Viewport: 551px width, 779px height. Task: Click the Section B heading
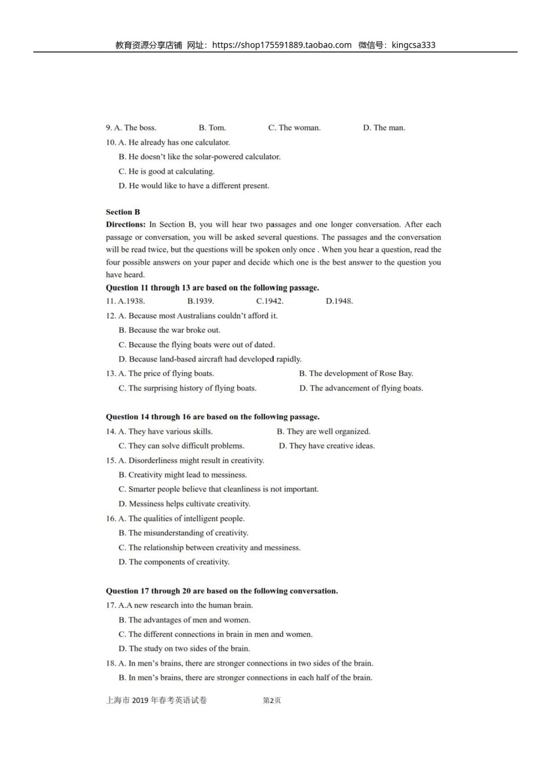click(x=123, y=212)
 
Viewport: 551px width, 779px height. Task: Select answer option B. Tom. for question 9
click(x=212, y=128)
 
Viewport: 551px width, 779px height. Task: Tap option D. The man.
click(x=384, y=128)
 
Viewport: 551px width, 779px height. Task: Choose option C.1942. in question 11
click(x=270, y=301)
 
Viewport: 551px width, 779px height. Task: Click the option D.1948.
click(x=339, y=301)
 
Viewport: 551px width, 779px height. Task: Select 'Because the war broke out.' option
click(x=169, y=330)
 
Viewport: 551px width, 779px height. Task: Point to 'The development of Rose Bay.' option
click(x=356, y=374)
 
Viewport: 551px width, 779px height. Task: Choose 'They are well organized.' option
click(x=324, y=432)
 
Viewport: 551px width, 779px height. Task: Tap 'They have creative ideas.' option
click(x=327, y=446)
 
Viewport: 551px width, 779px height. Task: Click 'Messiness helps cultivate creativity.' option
click(x=184, y=504)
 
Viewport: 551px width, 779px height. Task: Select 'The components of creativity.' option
click(x=174, y=562)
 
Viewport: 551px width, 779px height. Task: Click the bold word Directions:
click(x=125, y=225)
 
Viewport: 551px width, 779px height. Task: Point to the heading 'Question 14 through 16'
click(x=212, y=417)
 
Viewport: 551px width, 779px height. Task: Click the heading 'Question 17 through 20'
click(x=222, y=591)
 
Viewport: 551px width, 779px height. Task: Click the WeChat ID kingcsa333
click(x=414, y=45)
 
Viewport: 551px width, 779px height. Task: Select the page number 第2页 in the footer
click(x=272, y=701)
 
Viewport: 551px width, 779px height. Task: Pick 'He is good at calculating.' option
click(x=166, y=172)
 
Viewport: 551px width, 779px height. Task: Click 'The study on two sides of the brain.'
click(x=184, y=649)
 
